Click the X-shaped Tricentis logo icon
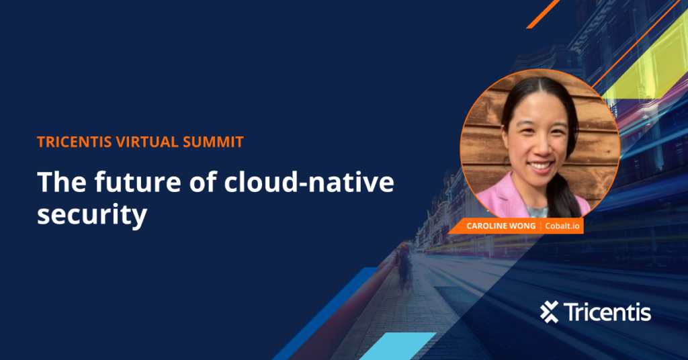550,312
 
